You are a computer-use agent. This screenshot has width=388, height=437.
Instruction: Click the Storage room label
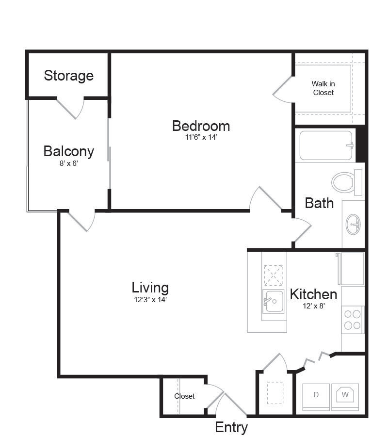[68, 76]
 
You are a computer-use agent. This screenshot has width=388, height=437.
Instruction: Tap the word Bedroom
[201, 126]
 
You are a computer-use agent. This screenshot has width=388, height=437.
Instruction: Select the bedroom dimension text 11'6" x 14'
[201, 137]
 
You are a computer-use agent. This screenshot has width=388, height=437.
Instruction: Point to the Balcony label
[68, 152]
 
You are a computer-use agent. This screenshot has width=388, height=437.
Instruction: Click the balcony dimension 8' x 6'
[68, 163]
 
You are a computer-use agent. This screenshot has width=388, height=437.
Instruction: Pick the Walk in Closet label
[323, 88]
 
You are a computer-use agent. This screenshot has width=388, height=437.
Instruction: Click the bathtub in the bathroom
[325, 146]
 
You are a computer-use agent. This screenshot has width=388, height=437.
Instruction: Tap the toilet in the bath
[347, 182]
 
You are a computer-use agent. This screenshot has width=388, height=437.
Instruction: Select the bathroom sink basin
[353, 225]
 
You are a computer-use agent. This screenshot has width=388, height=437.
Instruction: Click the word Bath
[319, 203]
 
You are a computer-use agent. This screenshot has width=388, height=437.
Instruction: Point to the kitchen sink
[273, 301]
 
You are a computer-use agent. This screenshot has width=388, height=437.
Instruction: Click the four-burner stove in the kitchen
[353, 320]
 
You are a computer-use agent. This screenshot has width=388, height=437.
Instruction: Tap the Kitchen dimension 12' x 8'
[314, 306]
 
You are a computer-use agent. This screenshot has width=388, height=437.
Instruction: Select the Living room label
[150, 288]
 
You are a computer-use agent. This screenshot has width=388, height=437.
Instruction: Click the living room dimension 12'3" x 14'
[150, 300]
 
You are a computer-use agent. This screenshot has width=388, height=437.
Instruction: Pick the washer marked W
[345, 395]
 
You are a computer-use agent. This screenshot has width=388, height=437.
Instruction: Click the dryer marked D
[316, 395]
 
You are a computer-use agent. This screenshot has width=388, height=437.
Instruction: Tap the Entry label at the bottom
[231, 427]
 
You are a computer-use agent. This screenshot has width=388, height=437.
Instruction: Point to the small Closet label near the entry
[184, 396]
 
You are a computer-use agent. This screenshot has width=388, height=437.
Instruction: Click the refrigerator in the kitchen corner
[352, 269]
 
